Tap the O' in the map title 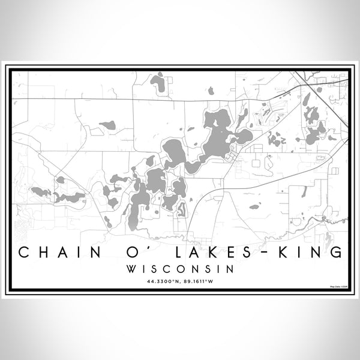pyautogui.click(x=127, y=252)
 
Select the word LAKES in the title pyautogui.click(x=198, y=252)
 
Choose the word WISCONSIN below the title pyautogui.click(x=180, y=269)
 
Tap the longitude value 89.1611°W pyautogui.click(x=200, y=281)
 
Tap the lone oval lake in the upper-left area pyautogui.click(x=108, y=125)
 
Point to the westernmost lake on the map pyautogui.click(x=41, y=191)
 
